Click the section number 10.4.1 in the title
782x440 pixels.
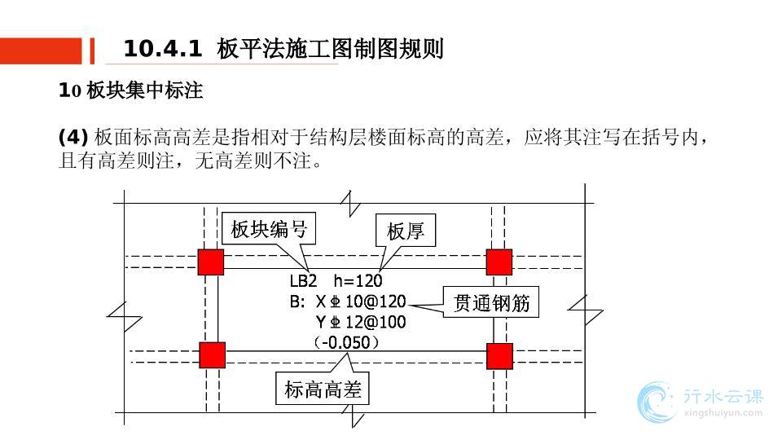pyautogui.click(x=162, y=49)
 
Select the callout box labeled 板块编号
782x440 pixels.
pyautogui.click(x=269, y=229)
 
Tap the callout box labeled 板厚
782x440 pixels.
pyautogui.click(x=405, y=231)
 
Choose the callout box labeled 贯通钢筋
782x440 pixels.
pyautogui.click(x=491, y=303)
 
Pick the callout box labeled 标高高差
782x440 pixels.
pyautogui.click(x=321, y=389)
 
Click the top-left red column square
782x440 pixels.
pyautogui.click(x=210, y=262)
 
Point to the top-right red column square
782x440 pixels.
pyautogui.click(x=499, y=262)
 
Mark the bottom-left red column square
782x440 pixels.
pyautogui.click(x=212, y=355)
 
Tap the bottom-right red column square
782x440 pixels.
pyautogui.click(x=499, y=355)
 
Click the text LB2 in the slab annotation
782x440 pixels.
pyautogui.click(x=303, y=281)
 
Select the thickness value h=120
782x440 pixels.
pyautogui.click(x=358, y=281)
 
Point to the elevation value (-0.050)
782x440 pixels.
pyautogui.click(x=347, y=343)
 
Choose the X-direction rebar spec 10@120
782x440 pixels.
pyautogui.click(x=381, y=302)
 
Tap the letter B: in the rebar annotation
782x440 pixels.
pyautogui.click(x=297, y=302)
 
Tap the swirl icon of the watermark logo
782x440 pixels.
pyautogui.click(x=658, y=403)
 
